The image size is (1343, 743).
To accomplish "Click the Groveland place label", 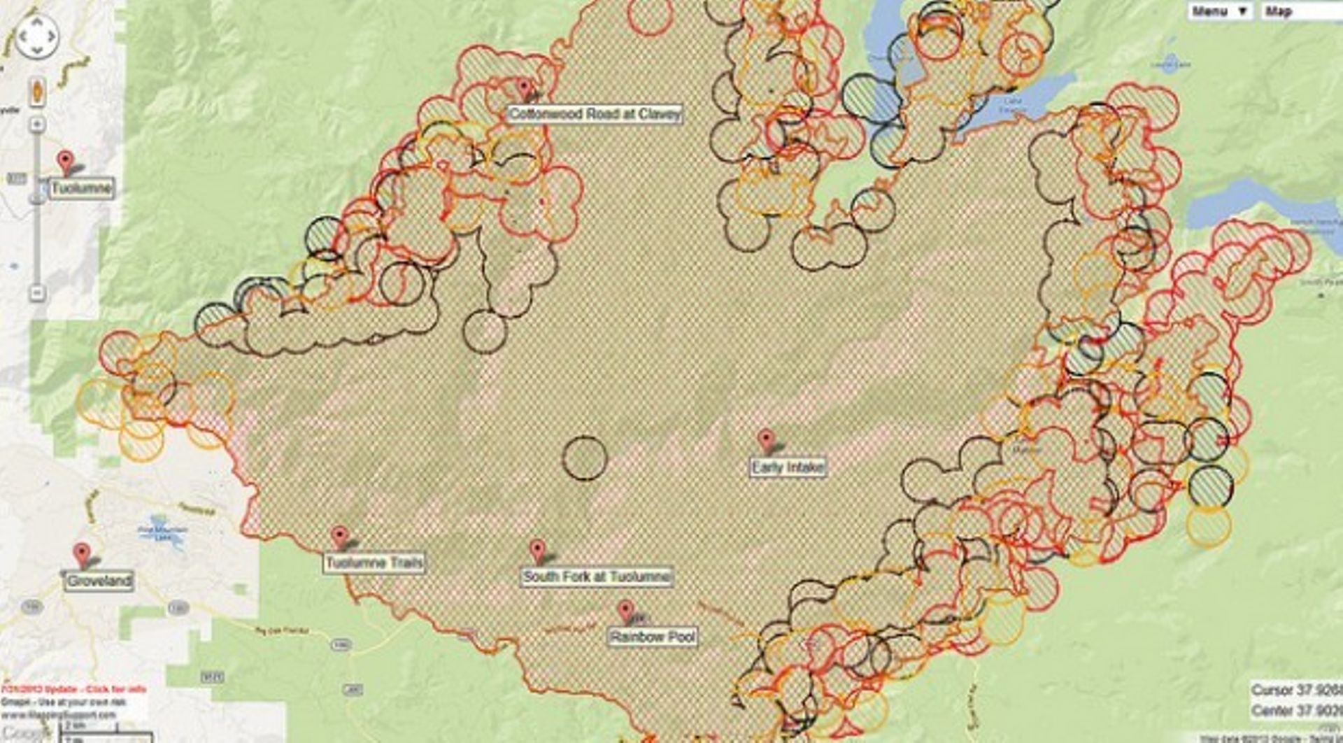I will click(x=99, y=581).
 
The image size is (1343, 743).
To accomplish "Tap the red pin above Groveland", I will click(x=82, y=554).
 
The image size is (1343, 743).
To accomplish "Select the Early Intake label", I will click(x=788, y=467).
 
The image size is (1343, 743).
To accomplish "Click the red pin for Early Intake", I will click(x=766, y=440).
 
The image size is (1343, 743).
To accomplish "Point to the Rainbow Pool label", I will click(x=652, y=637).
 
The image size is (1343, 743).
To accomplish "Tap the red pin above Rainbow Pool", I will click(x=626, y=611).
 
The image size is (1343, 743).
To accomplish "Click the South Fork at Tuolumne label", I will click(x=597, y=577).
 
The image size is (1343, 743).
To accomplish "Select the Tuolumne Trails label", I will click(x=374, y=563).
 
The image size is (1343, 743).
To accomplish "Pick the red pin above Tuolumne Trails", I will click(x=340, y=537).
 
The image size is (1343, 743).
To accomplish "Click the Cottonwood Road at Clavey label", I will click(x=594, y=114).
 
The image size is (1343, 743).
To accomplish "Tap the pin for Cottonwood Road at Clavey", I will click(x=524, y=88).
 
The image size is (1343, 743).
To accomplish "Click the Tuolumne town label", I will click(x=81, y=188).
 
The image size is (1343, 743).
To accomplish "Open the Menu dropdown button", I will click(x=1220, y=11).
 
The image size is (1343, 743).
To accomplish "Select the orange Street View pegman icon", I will click(x=37, y=91).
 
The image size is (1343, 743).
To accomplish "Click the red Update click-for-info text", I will click(x=73, y=690).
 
